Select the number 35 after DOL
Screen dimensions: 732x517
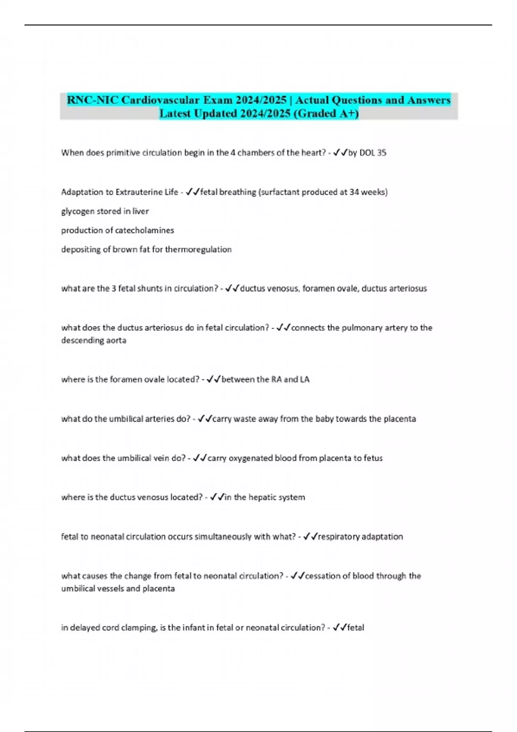pos(381,153)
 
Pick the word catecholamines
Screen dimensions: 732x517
pos(146,230)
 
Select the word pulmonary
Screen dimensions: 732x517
pos(360,328)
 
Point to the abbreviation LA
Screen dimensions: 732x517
pos(305,379)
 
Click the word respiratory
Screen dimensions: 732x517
pos(339,537)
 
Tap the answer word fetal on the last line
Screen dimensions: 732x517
pos(355,628)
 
